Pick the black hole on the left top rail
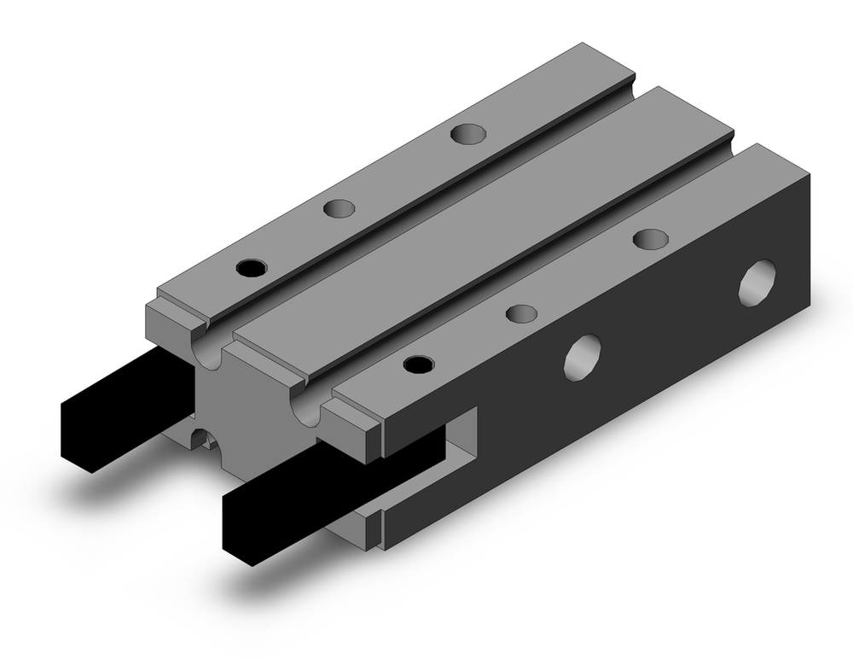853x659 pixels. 252,267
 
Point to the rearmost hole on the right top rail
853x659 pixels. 650,238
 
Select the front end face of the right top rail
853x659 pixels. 350,427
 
